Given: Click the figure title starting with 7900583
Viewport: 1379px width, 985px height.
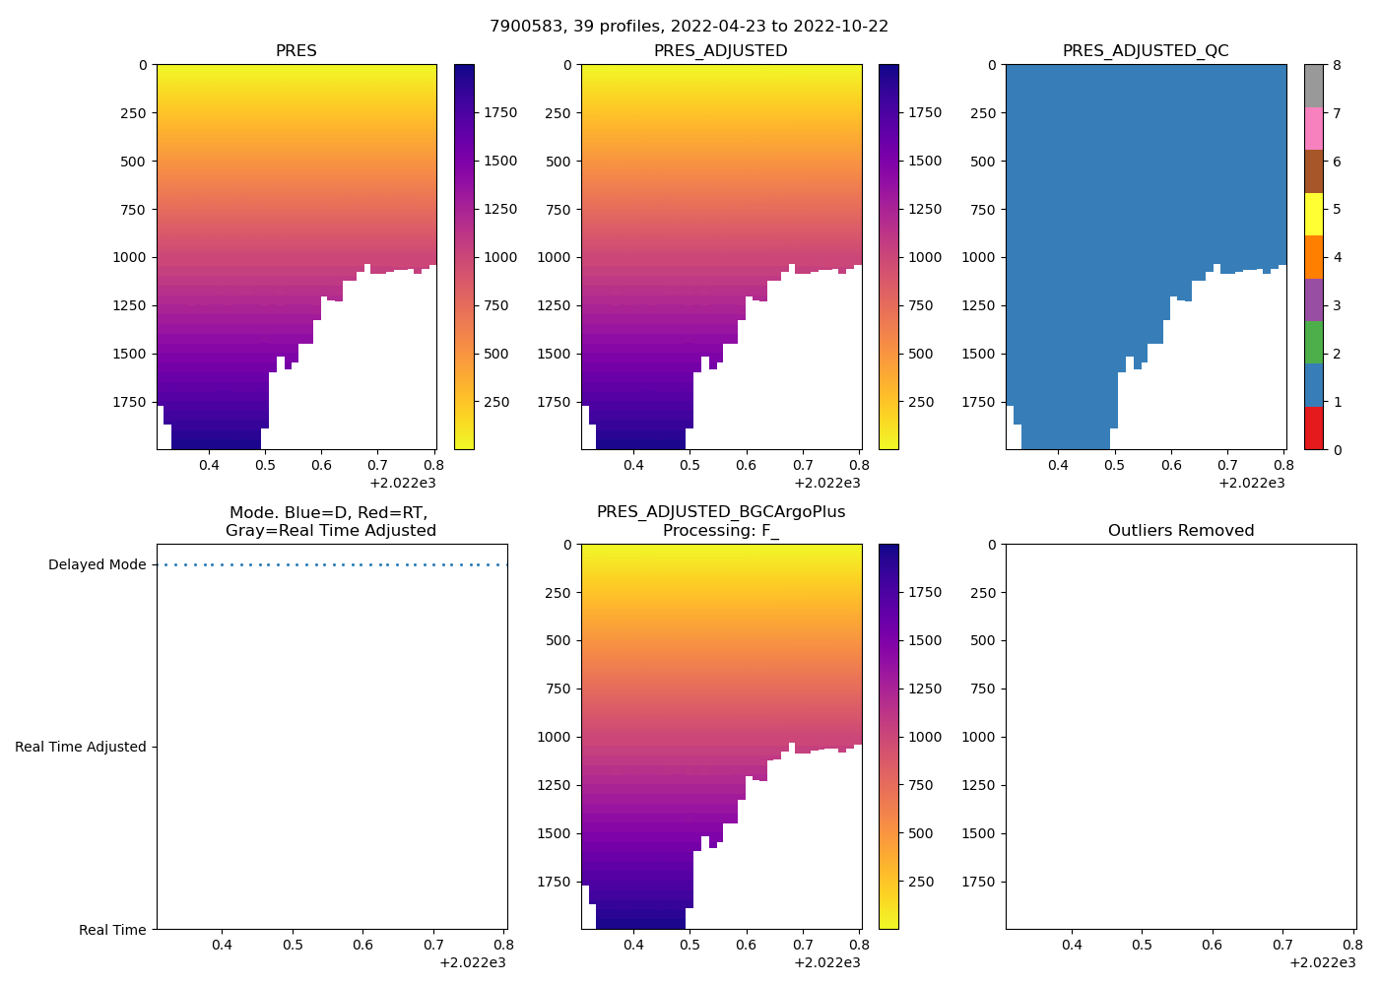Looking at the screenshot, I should tap(689, 27).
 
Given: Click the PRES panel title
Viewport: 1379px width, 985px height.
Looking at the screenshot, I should tap(295, 51).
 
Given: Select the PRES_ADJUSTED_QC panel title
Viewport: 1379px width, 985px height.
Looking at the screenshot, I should tap(1146, 51).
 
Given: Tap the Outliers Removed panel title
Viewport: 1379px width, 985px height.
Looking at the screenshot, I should tap(1181, 531).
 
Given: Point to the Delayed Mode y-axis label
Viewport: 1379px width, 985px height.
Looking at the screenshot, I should tap(97, 565).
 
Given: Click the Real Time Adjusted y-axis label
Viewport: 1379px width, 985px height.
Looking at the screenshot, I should tap(81, 748).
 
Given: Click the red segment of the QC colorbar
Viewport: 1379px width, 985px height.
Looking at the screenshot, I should tap(1313, 428).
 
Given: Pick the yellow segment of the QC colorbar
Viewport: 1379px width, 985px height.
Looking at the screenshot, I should tap(1313, 214).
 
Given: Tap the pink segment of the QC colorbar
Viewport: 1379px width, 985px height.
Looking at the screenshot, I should tap(1313, 128).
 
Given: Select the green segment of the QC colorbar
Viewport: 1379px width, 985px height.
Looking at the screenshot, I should tap(1313, 343).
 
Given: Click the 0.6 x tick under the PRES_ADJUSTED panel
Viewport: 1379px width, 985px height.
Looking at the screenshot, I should tap(746, 465).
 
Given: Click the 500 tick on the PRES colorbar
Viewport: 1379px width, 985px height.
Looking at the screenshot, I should tap(495, 354).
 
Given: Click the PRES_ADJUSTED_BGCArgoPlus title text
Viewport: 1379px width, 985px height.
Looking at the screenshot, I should tap(721, 512).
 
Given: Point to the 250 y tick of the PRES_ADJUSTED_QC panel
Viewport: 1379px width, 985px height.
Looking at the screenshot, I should tap(983, 113).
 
